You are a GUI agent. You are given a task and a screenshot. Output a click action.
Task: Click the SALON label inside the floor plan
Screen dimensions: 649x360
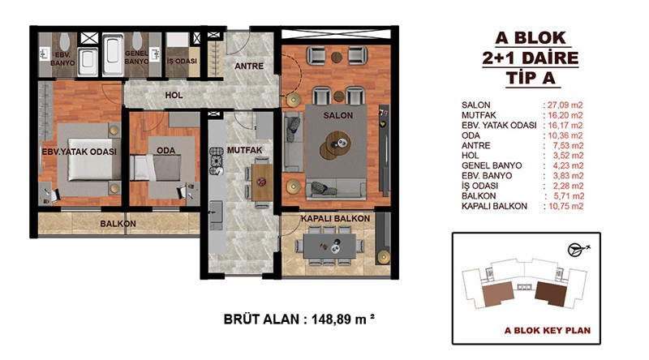338,115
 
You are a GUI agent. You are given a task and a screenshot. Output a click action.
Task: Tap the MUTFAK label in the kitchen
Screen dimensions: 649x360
244,150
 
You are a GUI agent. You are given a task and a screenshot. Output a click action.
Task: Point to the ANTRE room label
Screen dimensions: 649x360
249,66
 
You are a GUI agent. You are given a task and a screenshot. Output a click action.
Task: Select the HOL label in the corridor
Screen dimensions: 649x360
174,95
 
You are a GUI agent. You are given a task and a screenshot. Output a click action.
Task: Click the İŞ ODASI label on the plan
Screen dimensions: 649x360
182,62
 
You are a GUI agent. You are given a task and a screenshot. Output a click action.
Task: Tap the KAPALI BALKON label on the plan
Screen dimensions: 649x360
335,218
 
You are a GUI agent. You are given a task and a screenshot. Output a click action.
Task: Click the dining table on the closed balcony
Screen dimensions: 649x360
329,246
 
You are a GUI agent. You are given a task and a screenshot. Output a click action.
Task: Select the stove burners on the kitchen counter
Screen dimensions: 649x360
217,161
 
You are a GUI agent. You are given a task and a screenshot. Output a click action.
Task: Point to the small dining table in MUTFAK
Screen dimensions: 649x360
261,182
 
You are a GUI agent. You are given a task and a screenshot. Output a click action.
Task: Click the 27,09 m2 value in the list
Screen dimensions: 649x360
565,105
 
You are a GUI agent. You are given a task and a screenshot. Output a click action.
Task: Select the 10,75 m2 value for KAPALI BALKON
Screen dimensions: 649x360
565,206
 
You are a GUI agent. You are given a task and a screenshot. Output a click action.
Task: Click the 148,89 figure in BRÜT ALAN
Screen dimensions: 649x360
332,319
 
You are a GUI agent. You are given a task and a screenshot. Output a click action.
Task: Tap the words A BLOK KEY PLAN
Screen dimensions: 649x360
547,330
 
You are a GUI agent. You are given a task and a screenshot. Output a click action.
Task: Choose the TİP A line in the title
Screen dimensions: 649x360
531,78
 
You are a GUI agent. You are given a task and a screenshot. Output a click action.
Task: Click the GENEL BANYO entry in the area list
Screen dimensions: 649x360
492,165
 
